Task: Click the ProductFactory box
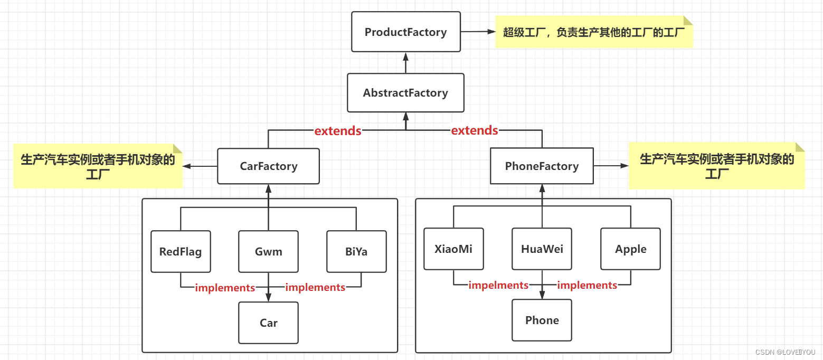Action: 405,32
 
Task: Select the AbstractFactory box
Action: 405,93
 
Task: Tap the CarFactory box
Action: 268,166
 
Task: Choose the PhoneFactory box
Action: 542,166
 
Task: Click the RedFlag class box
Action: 181,251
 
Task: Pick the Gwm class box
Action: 268,251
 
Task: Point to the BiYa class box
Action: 356,251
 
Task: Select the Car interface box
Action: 268,323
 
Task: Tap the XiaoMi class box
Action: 453,249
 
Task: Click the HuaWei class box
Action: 542,249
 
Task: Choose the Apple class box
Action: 630,249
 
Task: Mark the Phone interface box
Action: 542,320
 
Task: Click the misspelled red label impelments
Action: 498,285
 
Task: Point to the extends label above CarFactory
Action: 338,131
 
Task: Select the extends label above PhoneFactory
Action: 474,130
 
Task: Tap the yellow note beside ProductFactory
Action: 593,32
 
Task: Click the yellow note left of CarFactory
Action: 98,166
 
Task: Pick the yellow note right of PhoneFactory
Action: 716,166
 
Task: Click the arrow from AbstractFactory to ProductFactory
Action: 405,63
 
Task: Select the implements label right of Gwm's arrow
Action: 315,288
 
